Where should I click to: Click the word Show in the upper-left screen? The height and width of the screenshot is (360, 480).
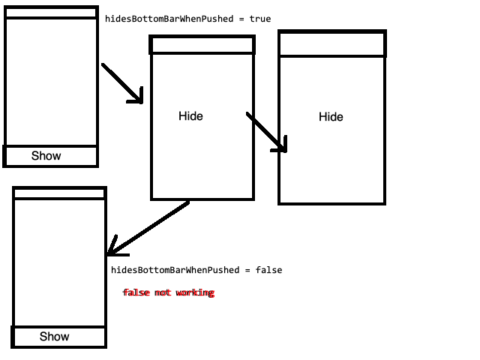[46, 156]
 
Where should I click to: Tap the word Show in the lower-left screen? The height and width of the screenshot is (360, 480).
[54, 337]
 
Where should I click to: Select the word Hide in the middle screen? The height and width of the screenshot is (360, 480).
[190, 116]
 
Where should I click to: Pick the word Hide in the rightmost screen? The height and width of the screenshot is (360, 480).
[331, 117]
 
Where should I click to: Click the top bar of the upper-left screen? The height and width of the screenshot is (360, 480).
[51, 13]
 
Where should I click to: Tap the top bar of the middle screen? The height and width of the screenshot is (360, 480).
[202, 45]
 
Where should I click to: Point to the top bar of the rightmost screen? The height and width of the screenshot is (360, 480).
[332, 44]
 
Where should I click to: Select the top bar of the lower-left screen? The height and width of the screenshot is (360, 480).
[59, 193]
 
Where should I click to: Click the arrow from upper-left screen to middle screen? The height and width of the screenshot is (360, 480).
[121, 82]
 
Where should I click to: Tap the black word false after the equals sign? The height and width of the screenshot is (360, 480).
[268, 270]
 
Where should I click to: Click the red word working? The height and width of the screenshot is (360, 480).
[195, 292]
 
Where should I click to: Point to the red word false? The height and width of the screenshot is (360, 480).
[136, 292]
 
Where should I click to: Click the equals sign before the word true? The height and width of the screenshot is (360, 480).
[242, 19]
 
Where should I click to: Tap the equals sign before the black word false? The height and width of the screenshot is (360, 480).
[248, 270]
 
